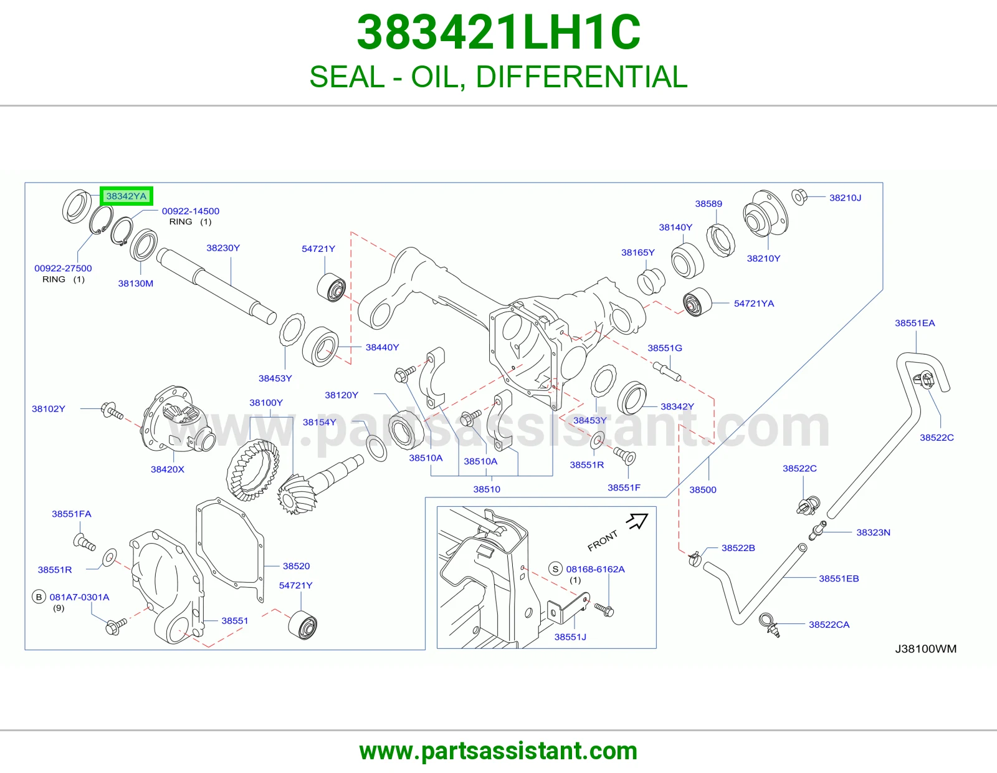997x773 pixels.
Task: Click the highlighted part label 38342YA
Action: [126, 196]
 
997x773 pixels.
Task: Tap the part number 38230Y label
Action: [223, 248]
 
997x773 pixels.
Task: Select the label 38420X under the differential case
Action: [168, 469]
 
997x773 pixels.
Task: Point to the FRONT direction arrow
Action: [637, 521]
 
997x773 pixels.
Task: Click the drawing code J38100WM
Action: [925, 648]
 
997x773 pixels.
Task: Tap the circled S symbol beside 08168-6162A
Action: [555, 569]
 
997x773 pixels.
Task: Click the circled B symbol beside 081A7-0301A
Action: [39, 597]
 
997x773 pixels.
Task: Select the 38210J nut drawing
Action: [799, 197]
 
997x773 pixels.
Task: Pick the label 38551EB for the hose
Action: [839, 579]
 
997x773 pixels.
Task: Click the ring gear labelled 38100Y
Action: [252, 469]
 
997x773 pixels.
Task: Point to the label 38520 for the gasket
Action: [296, 566]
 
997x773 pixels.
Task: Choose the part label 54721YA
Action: [754, 304]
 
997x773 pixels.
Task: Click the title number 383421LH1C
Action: [499, 32]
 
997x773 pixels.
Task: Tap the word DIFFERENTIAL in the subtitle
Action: [581, 77]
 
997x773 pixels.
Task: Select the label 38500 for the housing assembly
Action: [702, 490]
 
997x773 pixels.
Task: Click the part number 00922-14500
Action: [191, 211]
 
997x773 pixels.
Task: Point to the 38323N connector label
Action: [873, 532]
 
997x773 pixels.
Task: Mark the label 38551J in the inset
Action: [570, 636]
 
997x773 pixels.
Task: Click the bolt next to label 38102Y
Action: [112, 410]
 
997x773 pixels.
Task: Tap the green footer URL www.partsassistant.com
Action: [499, 751]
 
